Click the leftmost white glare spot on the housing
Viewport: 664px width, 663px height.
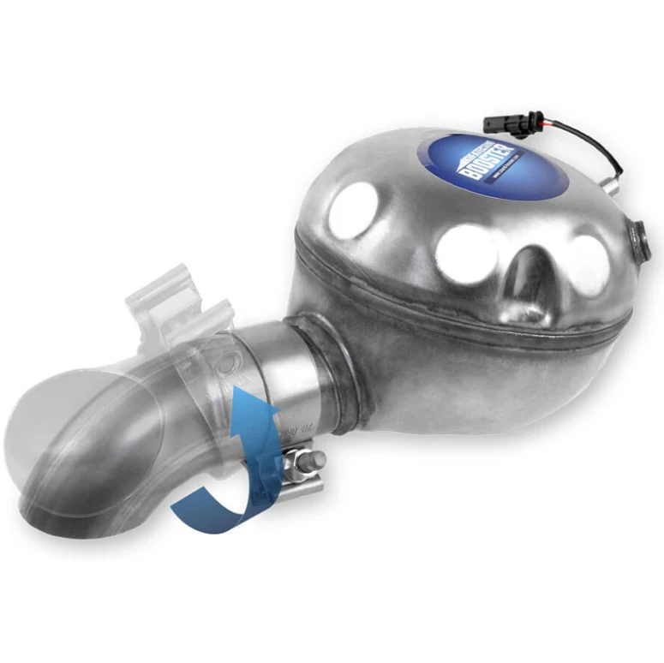(354, 210)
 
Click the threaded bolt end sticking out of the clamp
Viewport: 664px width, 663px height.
(316, 461)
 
